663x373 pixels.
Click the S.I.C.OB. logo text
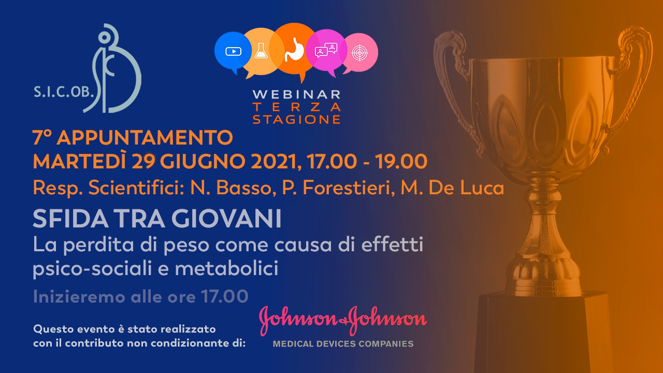64,92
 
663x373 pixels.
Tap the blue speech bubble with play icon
233,51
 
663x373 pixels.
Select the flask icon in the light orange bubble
261,51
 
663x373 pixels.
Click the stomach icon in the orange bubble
294,50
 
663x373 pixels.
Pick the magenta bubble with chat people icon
326,50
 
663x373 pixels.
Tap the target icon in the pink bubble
359,53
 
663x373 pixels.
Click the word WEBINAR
297,95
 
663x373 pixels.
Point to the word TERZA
297,107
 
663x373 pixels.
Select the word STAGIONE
297,119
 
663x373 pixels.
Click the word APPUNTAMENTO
145,137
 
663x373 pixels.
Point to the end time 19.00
401,162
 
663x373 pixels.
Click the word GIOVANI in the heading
226,219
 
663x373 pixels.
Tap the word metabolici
226,268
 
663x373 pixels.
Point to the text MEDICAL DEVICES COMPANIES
343,344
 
